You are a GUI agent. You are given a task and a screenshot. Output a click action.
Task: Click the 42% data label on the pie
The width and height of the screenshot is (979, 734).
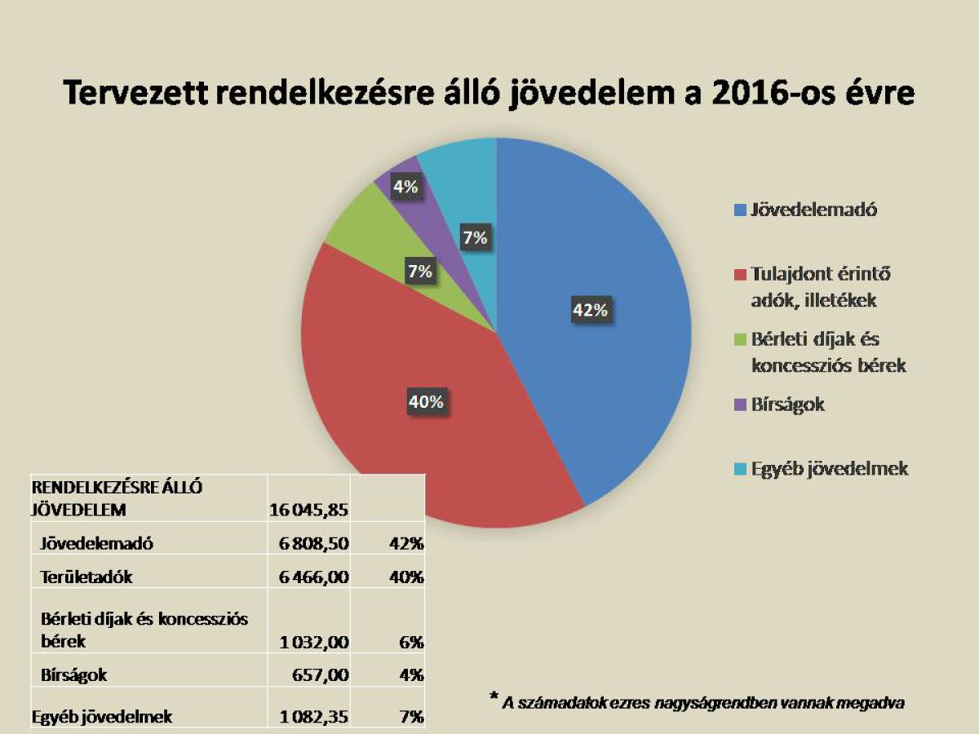[x=590, y=311]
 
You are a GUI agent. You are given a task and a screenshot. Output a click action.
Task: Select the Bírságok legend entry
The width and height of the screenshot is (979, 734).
[x=787, y=405]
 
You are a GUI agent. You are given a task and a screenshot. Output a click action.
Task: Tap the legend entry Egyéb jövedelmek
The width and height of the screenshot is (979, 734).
[x=829, y=469]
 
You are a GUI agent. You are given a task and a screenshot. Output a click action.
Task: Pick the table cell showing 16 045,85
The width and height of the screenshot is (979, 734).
[x=309, y=511]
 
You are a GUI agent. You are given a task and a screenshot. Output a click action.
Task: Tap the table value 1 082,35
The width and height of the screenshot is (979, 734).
[x=314, y=718]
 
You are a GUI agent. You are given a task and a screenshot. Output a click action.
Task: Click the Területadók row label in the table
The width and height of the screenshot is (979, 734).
[x=86, y=577]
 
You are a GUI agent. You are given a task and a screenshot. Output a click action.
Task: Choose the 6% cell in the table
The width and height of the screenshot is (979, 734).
[x=411, y=642]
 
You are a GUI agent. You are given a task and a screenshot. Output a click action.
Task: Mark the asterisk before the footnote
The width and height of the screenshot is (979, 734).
[x=494, y=696]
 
